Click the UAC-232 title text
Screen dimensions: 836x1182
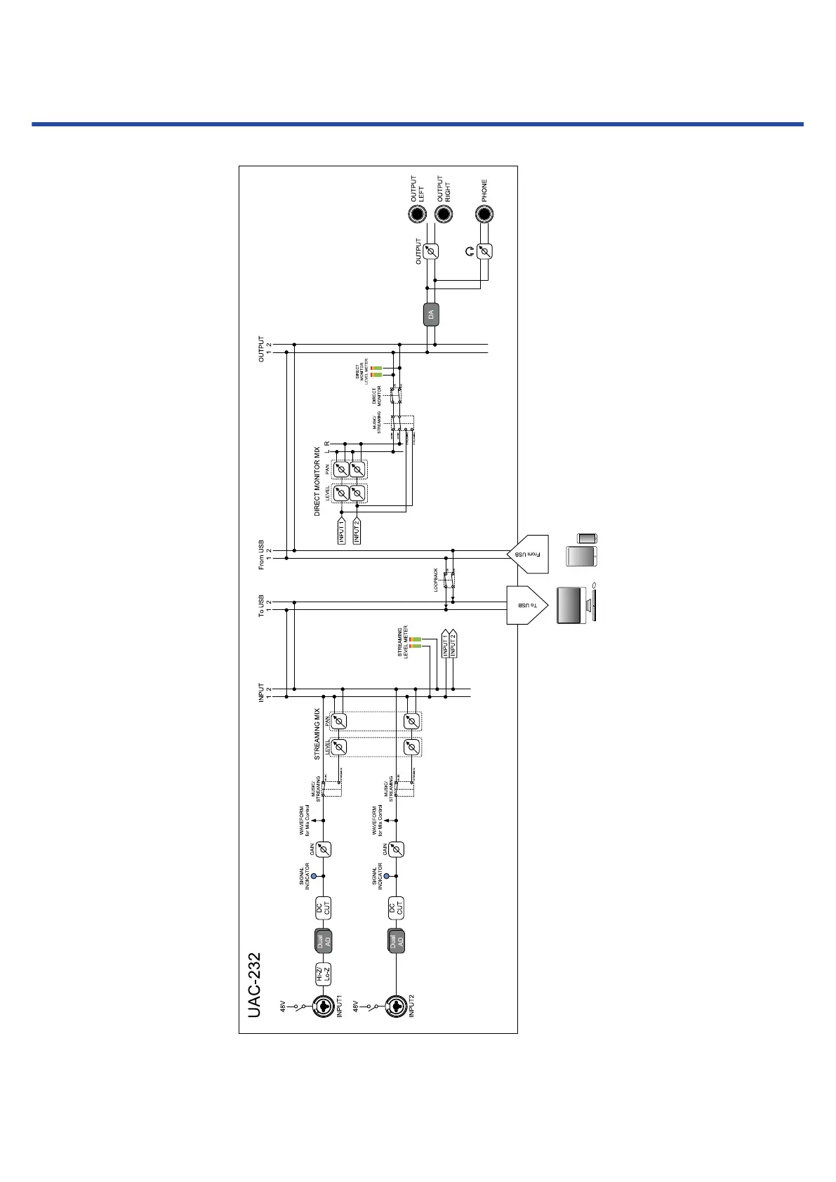pyautogui.click(x=254, y=984)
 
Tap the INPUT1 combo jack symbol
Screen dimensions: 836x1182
pyautogui.click(x=323, y=1006)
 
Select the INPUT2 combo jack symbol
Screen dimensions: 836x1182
pyautogui.click(x=395, y=1006)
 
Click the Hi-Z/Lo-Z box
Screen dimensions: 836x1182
pyautogui.click(x=323, y=974)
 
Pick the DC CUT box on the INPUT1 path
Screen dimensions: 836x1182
pyautogui.click(x=323, y=908)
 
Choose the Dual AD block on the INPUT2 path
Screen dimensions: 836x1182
pyautogui.click(x=396, y=941)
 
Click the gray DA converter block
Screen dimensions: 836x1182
pyautogui.click(x=432, y=314)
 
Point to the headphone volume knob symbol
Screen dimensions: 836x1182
pyautogui.click(x=484, y=251)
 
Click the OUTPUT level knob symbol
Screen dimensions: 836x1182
pyautogui.click(x=432, y=251)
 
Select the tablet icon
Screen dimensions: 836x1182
pyautogui.click(x=583, y=556)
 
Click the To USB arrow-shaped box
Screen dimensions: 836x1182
pyautogui.click(x=526, y=605)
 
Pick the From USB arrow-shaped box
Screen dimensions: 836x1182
pyautogui.click(x=526, y=555)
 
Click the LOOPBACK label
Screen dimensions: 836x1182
pyautogui.click(x=436, y=580)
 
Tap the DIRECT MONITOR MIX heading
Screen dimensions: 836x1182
pyautogui.click(x=317, y=482)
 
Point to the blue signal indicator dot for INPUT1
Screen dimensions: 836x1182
pyautogui.click(x=314, y=876)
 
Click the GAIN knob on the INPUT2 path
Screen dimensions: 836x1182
pyautogui.click(x=396, y=849)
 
